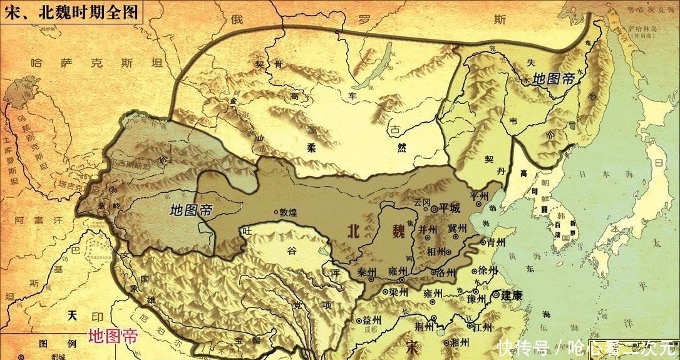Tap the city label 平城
pos(450,207)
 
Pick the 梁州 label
pos(398,292)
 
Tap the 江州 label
pos(483,327)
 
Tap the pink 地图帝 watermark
pos(112,336)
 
